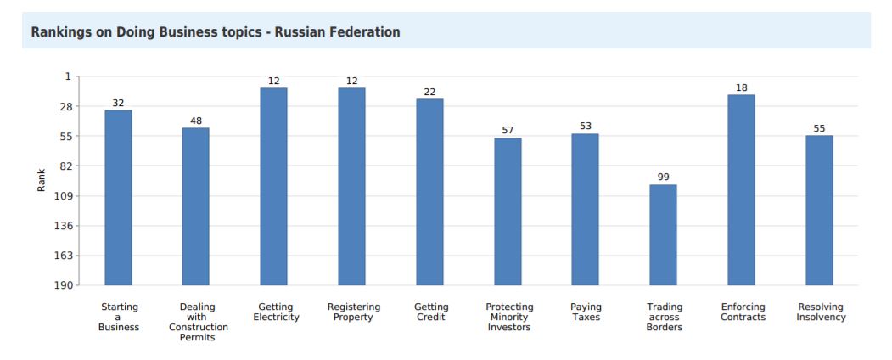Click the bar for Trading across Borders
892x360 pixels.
663,234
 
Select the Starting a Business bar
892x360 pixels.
118,197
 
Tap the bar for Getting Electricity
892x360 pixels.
273,186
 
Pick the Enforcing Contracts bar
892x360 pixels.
741,189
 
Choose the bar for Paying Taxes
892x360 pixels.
585,209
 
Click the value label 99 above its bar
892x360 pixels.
663,177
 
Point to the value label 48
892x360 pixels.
196,121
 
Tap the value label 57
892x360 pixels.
508,130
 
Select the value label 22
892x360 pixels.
429,92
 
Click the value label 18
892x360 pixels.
741,87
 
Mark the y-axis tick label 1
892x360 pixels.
68,76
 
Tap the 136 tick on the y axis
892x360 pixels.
61,226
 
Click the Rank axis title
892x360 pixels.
41,179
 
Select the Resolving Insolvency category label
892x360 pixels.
821,312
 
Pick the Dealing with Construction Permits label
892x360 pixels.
198,322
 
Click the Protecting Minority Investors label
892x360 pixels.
509,317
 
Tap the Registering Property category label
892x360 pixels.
354,312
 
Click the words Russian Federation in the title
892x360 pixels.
337,32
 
